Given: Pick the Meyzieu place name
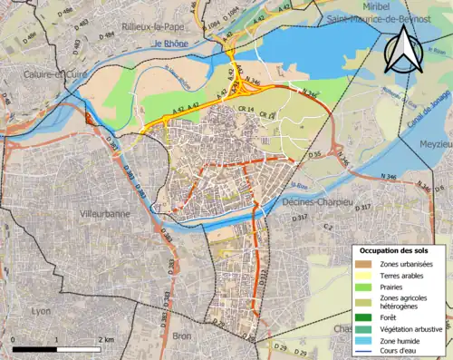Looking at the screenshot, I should [435, 143].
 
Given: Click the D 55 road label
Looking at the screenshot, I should [314, 155].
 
